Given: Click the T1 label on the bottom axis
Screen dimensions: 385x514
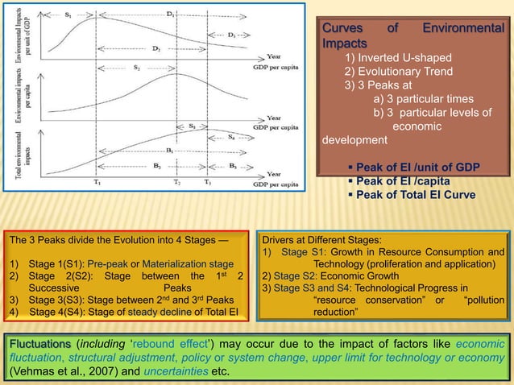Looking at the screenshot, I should (x=95, y=183).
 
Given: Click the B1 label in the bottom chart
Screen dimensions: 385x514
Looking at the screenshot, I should (x=169, y=151).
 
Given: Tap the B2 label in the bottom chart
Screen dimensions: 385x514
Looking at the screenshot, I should (x=135, y=166).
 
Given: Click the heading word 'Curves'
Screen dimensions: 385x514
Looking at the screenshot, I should (x=342, y=30).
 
